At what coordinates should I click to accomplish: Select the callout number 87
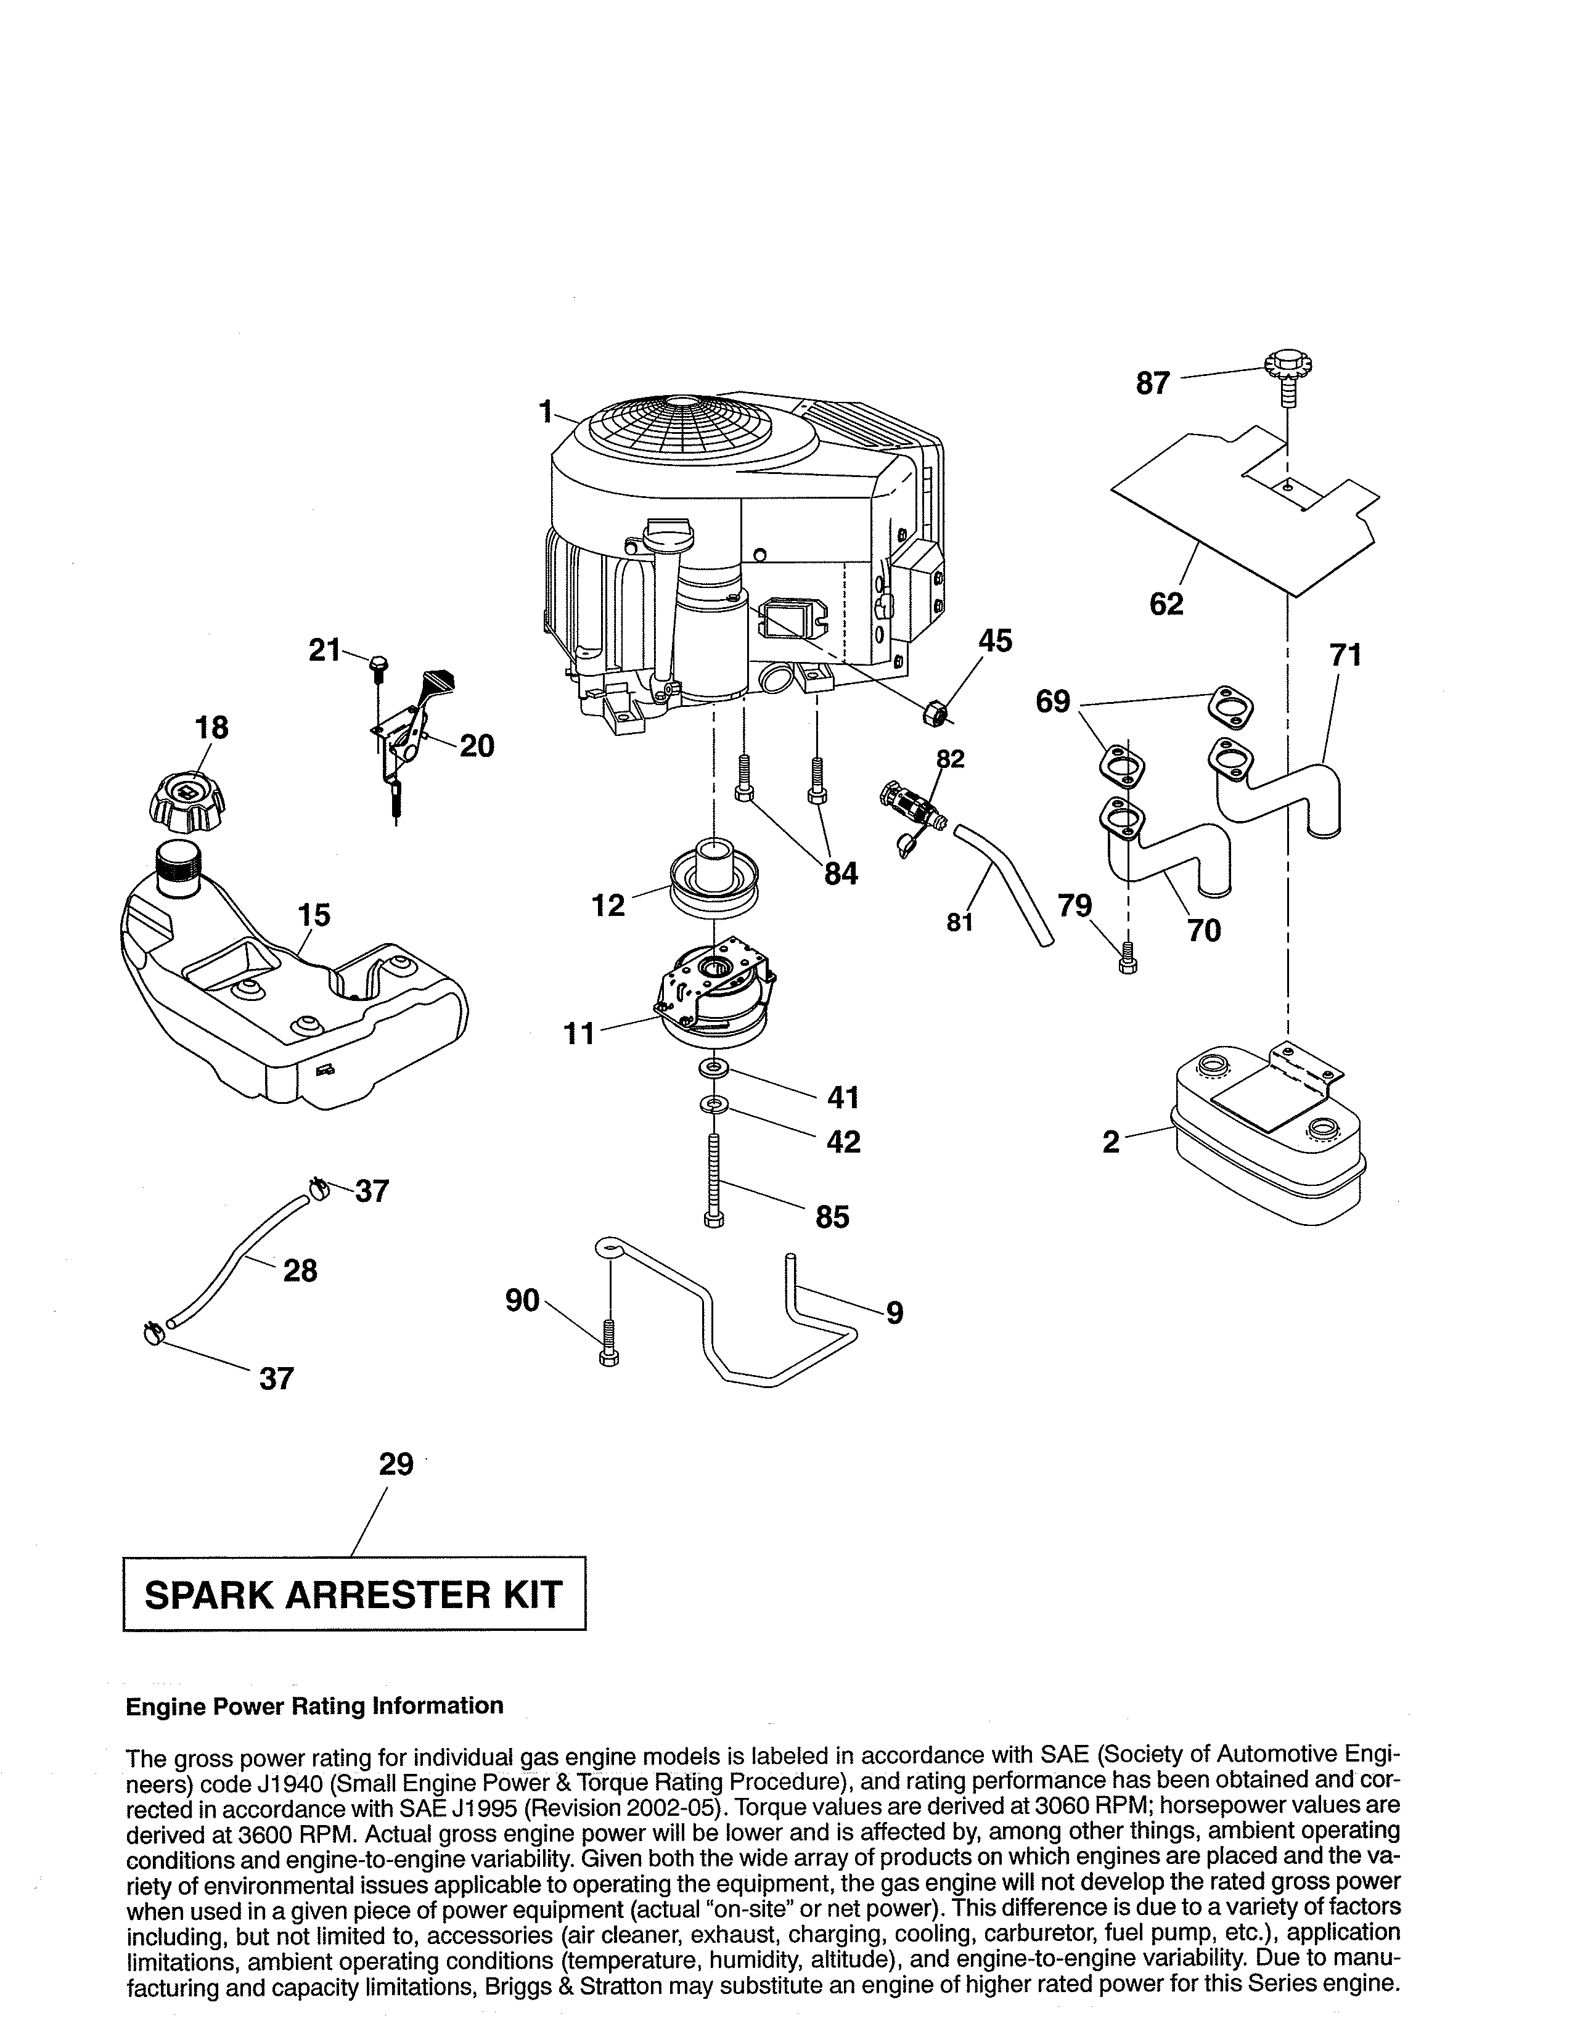tap(1152, 383)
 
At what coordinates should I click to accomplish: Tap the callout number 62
tap(1166, 603)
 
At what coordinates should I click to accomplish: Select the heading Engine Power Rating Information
tap(314, 1705)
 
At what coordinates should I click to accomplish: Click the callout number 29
tap(396, 1465)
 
